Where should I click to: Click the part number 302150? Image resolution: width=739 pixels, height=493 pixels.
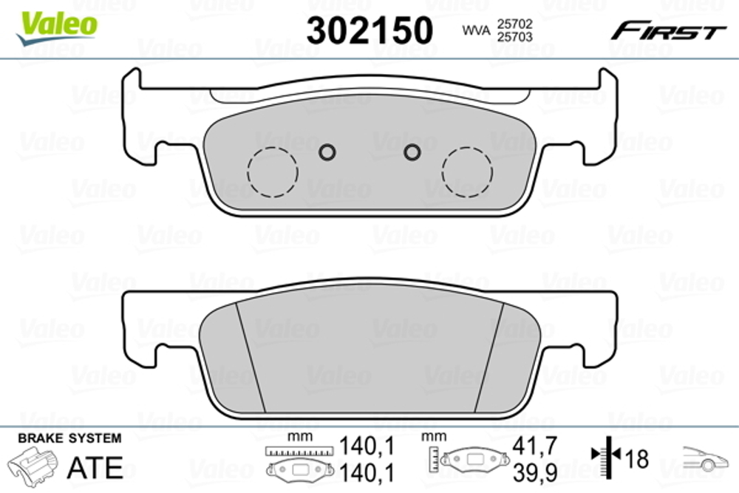pos(369,30)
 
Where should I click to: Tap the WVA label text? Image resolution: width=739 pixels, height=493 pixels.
pos(477,30)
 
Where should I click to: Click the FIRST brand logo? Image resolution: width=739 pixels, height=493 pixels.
pos(667,31)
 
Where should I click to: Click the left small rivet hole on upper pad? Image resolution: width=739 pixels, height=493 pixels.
pos(327,152)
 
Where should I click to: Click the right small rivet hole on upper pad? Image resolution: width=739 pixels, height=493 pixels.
pos(412,152)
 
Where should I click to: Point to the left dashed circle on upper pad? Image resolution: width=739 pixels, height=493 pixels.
pos(273,171)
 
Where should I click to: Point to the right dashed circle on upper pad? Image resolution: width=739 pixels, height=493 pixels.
pos(467,171)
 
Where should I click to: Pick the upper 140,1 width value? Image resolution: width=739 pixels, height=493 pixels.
pos(366,446)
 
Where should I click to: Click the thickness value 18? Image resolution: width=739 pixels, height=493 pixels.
pos(636,459)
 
